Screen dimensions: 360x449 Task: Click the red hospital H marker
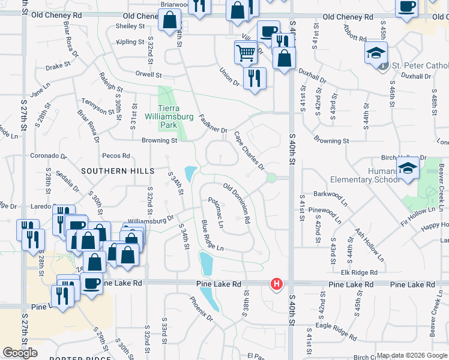277,283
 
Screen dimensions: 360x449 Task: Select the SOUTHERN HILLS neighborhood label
113,171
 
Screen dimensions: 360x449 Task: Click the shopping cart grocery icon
246,52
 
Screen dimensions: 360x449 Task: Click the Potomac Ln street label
215,212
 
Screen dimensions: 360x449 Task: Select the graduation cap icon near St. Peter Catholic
376,53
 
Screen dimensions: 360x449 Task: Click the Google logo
20,353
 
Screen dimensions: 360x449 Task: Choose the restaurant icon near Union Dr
255,78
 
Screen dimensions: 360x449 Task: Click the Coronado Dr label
49,155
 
